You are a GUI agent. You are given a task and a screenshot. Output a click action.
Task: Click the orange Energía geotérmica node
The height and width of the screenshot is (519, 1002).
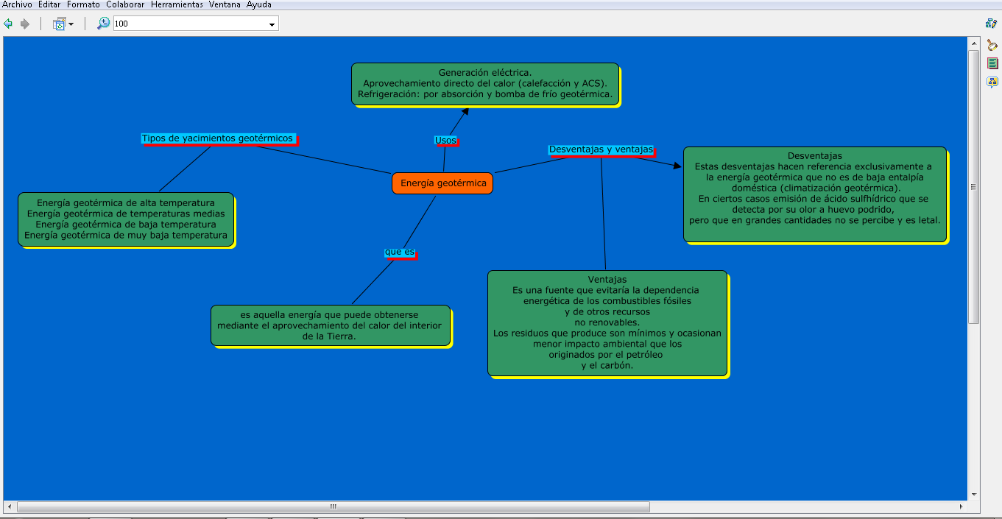click(442, 183)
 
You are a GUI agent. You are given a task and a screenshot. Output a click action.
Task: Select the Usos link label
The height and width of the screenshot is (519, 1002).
click(445, 140)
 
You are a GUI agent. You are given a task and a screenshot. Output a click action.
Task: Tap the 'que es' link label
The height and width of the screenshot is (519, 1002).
click(400, 252)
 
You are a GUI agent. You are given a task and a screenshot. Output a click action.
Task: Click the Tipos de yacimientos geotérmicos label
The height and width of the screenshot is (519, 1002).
click(217, 138)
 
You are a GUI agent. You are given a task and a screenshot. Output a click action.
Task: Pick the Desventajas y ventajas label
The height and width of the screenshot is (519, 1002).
click(601, 149)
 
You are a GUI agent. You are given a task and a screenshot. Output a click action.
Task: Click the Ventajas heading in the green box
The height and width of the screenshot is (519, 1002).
click(607, 280)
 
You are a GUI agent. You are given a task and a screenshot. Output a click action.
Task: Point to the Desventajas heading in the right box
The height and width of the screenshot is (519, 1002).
click(814, 156)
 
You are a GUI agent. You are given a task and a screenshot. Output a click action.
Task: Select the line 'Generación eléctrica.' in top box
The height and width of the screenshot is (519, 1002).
click(485, 73)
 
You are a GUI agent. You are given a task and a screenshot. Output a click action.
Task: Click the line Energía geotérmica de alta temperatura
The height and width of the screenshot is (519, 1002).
click(126, 203)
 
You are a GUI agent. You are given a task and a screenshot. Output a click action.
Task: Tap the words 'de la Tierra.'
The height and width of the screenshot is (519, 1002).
click(330, 336)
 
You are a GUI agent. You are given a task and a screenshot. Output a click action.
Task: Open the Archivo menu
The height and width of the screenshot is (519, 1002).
click(17, 4)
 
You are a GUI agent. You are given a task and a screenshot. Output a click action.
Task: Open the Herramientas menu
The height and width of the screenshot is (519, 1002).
click(177, 4)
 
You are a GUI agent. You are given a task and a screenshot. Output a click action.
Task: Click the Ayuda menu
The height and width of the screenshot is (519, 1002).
click(259, 4)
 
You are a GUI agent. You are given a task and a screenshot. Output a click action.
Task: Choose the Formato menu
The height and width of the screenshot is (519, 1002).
click(83, 4)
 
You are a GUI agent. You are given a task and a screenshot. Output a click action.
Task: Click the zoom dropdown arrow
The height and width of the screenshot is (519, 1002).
click(272, 24)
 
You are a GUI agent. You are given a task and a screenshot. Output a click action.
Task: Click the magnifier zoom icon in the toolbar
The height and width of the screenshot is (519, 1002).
click(104, 24)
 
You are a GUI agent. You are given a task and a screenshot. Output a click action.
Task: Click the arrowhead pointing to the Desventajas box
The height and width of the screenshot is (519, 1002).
click(677, 166)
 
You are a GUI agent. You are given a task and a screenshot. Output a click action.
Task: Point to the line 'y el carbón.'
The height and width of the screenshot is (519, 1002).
click(607, 365)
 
